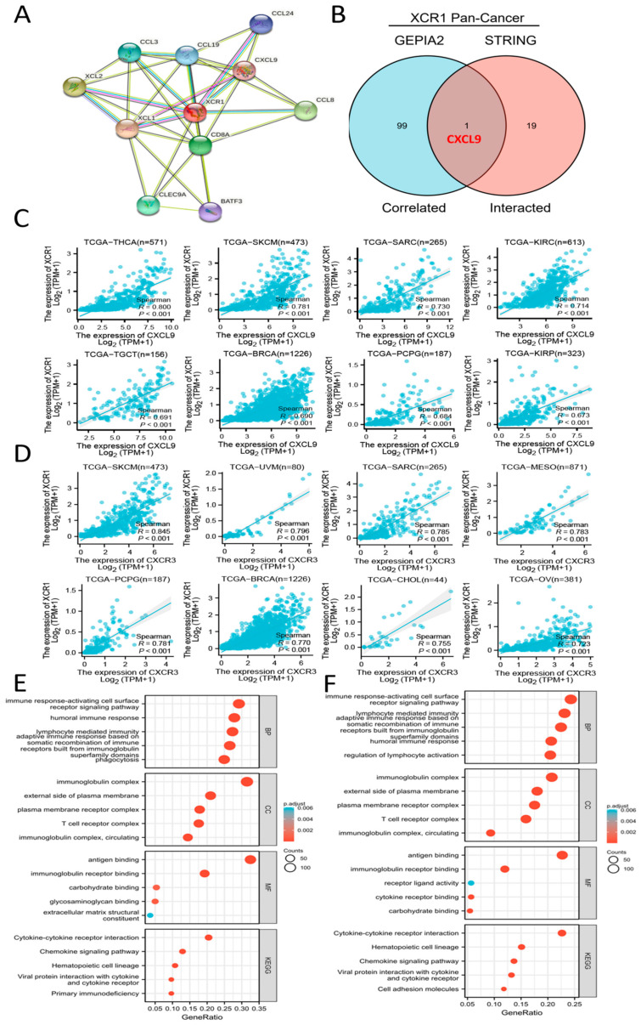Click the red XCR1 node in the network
point(194,111)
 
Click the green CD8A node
point(200,147)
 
